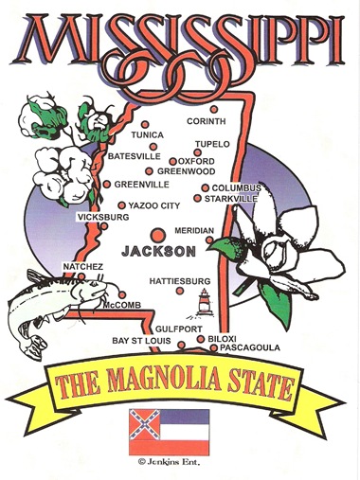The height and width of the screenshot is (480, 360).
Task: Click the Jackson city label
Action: tap(158, 251)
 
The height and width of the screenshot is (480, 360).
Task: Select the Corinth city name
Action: tap(207, 121)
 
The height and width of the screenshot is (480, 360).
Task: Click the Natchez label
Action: tap(82, 268)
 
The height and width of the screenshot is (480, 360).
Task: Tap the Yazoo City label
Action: tap(154, 205)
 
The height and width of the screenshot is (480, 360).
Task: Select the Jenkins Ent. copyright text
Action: tap(167, 463)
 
